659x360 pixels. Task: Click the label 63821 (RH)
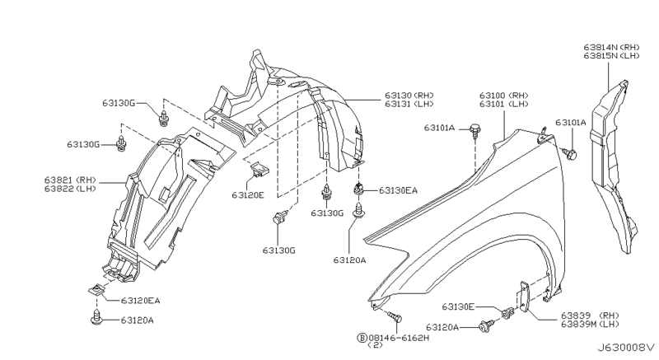pyautogui.click(x=72, y=176)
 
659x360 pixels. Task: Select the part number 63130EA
pyautogui.click(x=398, y=190)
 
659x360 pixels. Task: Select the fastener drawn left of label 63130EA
pyautogui.click(x=359, y=190)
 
